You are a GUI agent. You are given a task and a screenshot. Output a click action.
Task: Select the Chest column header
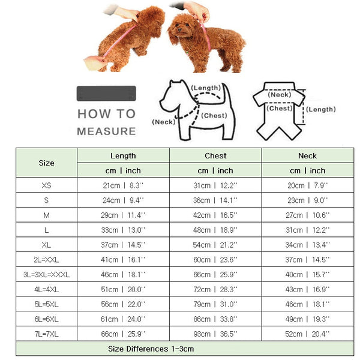point(215,155)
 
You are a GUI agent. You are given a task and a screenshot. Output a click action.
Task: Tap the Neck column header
point(307,155)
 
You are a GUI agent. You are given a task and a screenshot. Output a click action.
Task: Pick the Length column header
point(123,155)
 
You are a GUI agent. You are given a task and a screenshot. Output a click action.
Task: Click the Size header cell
point(46,163)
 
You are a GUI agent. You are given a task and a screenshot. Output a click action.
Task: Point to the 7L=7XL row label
point(46,333)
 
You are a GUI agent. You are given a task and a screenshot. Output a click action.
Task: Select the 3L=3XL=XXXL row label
point(46,274)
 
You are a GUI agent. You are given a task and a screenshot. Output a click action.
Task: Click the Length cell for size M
point(123,214)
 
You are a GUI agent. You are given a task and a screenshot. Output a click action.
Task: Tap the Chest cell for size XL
point(215,244)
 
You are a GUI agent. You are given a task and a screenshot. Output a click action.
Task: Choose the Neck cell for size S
point(307,200)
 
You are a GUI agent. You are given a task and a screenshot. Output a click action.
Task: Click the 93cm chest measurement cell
point(215,333)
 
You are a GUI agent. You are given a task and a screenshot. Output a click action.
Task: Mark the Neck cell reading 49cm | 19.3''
point(307,319)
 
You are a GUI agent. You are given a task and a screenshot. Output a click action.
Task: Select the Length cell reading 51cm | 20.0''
point(123,289)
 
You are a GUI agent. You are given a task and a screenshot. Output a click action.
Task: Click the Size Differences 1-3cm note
point(151,349)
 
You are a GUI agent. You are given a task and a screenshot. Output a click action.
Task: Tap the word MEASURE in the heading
point(106,131)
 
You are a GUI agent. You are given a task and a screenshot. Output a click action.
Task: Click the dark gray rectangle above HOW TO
point(106,94)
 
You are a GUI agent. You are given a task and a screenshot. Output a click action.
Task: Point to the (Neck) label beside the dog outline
point(163,122)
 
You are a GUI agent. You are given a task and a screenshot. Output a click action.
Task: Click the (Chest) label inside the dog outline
point(213,115)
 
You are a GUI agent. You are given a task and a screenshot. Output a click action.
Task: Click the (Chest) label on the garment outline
point(280,109)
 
